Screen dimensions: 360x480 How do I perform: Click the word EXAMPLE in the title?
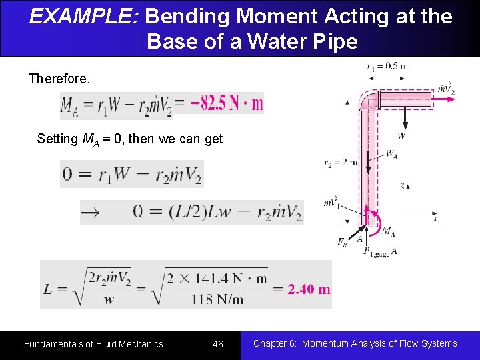coord(81,16)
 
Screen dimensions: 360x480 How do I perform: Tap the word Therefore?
coord(59,79)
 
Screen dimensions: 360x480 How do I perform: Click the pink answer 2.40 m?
coord(309,289)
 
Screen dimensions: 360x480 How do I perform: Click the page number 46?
coord(217,344)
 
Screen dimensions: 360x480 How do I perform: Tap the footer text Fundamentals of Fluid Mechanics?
coord(93,344)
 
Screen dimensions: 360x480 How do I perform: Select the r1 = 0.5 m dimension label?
coord(387,66)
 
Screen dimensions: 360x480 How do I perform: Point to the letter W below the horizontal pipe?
coord(401,136)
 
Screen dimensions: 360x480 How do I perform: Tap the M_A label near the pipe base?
coord(387,231)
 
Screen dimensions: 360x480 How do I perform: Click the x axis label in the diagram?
coord(435,219)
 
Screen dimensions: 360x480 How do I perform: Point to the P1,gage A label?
coord(380,251)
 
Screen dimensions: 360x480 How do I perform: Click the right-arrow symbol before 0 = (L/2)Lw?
coord(90,213)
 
